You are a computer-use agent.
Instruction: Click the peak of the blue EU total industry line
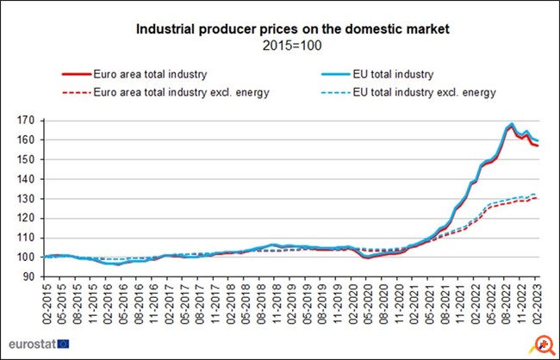coord(513,124)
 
